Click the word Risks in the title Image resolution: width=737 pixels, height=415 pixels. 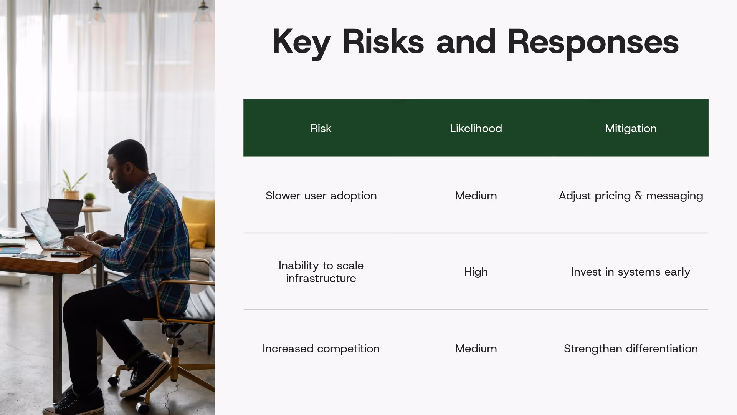click(x=383, y=41)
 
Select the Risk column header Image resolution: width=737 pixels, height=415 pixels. click(x=321, y=128)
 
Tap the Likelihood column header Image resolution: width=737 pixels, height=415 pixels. click(x=476, y=128)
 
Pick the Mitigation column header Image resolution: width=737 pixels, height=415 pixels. click(x=631, y=128)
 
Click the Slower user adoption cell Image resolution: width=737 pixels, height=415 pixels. click(x=321, y=196)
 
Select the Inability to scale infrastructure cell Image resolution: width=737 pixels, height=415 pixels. click(x=321, y=272)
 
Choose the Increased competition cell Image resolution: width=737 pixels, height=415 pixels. click(x=321, y=349)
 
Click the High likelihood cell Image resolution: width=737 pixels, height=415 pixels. click(x=476, y=272)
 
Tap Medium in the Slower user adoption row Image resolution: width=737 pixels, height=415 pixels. click(x=476, y=196)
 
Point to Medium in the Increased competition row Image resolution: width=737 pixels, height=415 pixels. click(x=476, y=349)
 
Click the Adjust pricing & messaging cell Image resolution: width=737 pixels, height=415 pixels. click(x=631, y=196)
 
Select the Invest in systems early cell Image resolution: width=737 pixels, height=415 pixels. click(x=631, y=272)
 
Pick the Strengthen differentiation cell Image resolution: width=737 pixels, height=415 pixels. click(x=631, y=349)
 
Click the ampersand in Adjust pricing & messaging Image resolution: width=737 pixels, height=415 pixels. click(x=638, y=196)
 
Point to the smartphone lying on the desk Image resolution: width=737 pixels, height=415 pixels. click(x=65, y=254)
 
